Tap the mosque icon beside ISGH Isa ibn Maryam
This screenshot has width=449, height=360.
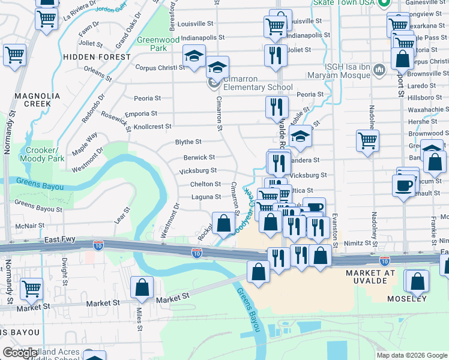[x=379, y=70]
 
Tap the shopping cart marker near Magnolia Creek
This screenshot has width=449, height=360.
[x=15, y=55]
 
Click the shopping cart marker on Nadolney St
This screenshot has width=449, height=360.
[x=367, y=141]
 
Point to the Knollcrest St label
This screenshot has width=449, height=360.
[x=152, y=127]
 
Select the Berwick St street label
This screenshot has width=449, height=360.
[x=199, y=157]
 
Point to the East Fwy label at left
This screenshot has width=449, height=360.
[x=59, y=239]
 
